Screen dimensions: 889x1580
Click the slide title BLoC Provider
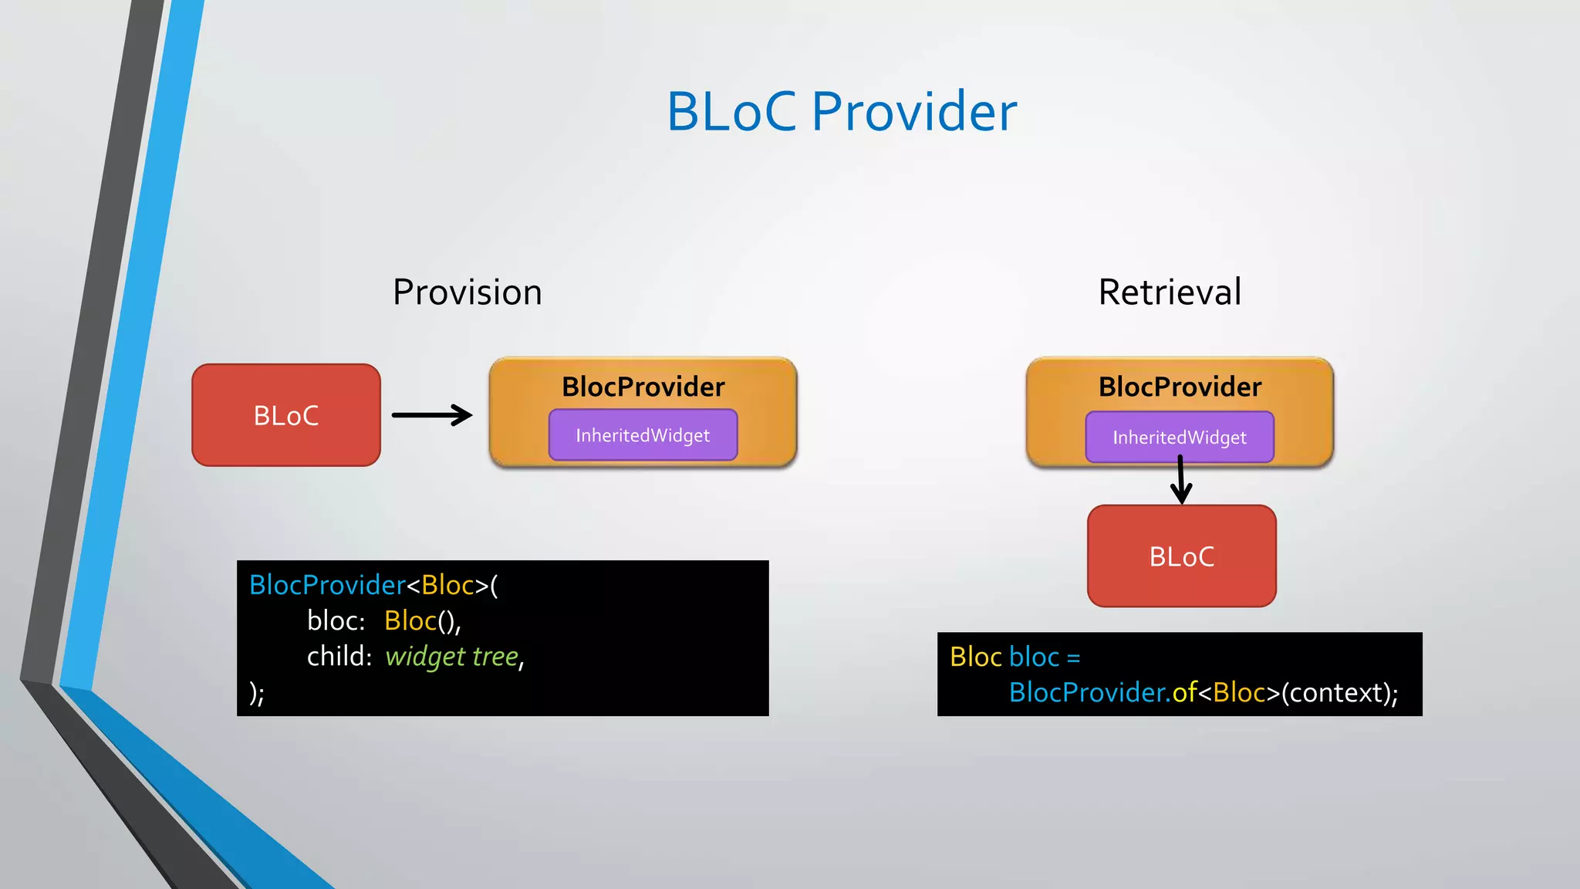pos(841,112)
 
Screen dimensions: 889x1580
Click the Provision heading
pos(467,292)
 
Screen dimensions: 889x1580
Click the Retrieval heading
pos(1170,292)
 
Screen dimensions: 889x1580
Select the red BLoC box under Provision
pos(286,415)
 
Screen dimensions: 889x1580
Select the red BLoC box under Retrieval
pos(1181,556)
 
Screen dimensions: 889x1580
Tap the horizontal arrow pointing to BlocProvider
pos(432,415)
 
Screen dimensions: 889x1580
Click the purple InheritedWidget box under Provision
pos(643,435)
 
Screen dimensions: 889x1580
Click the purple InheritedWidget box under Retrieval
pos(1179,438)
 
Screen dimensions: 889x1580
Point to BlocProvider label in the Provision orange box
pos(643,387)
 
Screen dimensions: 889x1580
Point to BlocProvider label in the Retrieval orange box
pos(1180,387)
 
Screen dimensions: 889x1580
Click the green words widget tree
pos(452,657)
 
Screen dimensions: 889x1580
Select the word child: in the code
pos(339,657)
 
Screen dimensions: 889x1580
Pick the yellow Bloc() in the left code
pos(420,621)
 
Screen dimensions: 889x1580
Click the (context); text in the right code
pos(1339,693)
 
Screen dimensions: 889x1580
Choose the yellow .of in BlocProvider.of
pos(1183,693)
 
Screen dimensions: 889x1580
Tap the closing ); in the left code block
pos(257,692)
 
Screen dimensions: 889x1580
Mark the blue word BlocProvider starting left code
pos(327,585)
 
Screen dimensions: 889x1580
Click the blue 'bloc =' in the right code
pos(1044,657)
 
